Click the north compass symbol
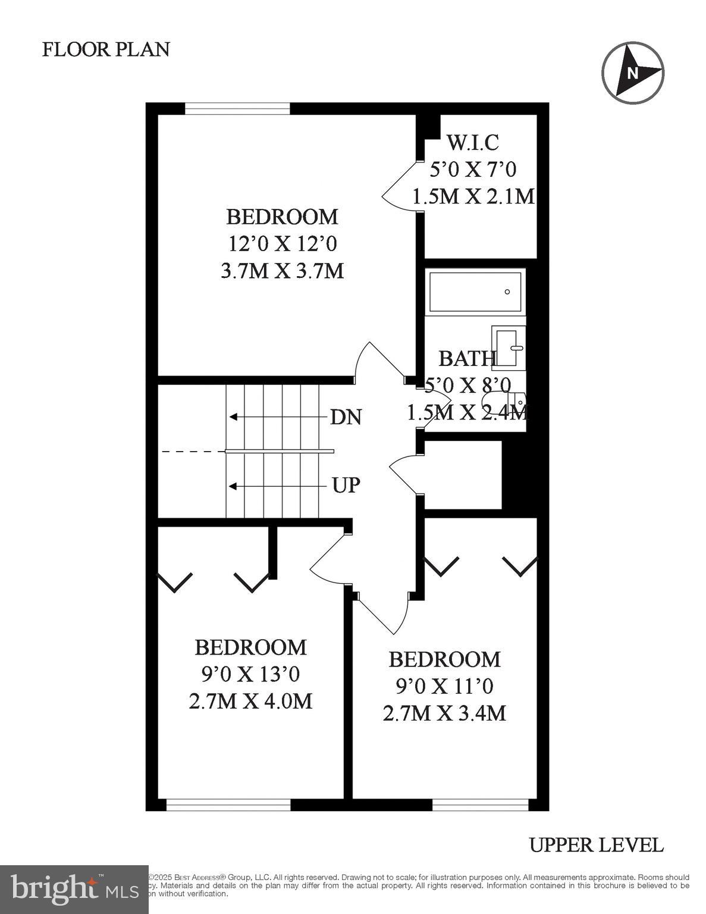632,73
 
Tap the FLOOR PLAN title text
106,49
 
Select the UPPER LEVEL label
596,844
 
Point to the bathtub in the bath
476,292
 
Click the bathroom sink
507,346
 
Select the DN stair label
346,417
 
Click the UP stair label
346,486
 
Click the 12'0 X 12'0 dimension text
282,243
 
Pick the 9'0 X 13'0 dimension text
250,674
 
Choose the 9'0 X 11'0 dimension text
444,687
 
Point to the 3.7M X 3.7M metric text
282,271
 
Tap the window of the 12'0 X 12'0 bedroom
237,108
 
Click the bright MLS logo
74,889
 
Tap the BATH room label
467,358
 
